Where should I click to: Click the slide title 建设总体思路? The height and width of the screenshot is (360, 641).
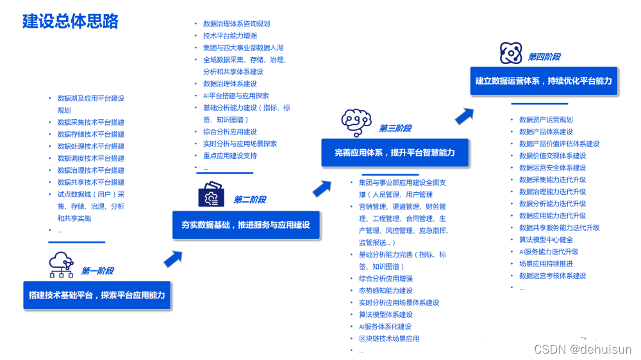point(71,21)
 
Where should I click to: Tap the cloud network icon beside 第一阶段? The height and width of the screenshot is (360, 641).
point(62,265)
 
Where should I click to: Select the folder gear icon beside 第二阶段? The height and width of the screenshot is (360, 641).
point(211,194)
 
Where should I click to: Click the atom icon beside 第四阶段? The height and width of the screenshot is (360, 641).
point(511,53)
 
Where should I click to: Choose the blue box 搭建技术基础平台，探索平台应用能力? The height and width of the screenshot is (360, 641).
point(97,295)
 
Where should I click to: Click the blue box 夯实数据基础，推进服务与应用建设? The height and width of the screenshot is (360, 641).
point(246,225)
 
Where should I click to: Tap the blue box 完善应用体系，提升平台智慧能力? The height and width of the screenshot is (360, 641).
point(395,152)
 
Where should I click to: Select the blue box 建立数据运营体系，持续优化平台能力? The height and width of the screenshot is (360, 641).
point(544,81)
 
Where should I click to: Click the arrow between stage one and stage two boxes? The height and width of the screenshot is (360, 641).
point(173,259)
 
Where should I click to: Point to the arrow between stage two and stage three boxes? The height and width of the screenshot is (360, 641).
point(322,189)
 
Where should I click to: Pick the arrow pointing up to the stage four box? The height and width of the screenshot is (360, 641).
point(465,116)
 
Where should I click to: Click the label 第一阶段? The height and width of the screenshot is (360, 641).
point(97,271)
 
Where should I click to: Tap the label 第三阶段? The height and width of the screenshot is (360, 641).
point(395,128)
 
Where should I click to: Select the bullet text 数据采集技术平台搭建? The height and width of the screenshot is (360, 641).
point(91,122)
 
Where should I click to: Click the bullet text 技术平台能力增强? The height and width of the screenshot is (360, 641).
point(230,36)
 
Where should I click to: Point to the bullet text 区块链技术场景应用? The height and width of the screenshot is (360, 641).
point(389,338)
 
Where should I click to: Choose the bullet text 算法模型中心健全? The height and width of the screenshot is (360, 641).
point(546,240)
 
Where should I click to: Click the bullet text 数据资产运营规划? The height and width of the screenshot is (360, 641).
point(546,120)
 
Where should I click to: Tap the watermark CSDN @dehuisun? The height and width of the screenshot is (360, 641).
point(583,349)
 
